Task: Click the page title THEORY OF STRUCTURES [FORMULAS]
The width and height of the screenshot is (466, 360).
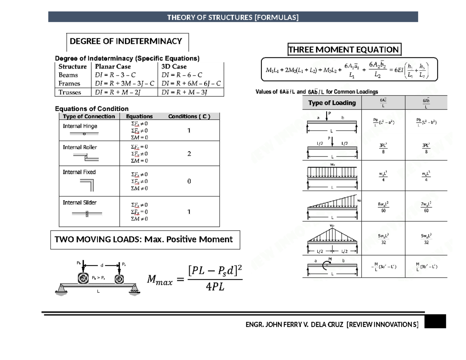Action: point(233,17)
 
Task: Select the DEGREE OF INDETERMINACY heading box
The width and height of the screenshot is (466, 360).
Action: point(125,41)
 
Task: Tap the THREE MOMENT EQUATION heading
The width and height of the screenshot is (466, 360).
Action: point(344,50)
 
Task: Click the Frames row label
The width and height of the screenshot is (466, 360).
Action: point(69,83)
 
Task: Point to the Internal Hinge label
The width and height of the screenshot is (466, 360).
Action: point(80,126)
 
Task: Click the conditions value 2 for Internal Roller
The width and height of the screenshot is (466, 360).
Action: point(189,154)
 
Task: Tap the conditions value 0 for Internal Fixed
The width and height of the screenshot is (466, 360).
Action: point(189,181)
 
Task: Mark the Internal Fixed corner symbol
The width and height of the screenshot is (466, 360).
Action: point(87,185)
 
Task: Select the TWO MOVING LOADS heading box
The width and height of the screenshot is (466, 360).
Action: point(145,240)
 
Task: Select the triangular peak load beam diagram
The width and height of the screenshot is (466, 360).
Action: point(332,238)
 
